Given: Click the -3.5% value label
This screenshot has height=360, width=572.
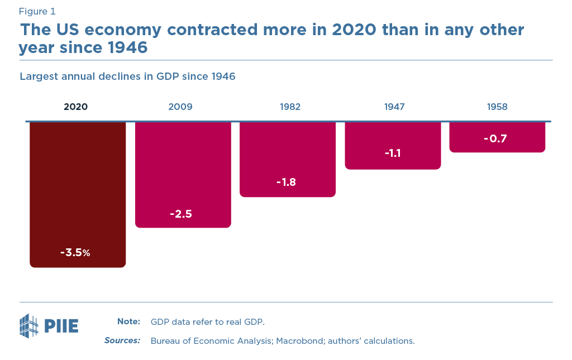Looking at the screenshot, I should pyautogui.click(x=75, y=252).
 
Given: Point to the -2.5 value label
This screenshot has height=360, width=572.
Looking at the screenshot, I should pyautogui.click(x=181, y=214).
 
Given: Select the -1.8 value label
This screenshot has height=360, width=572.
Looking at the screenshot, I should pyautogui.click(x=286, y=182).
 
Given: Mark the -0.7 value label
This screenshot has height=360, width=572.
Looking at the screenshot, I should pyautogui.click(x=495, y=139).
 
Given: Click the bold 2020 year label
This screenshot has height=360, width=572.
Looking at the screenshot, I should pyautogui.click(x=76, y=107).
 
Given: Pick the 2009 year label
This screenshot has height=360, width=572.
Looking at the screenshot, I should pyautogui.click(x=180, y=107).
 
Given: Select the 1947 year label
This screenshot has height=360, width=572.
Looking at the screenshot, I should pyautogui.click(x=394, y=107).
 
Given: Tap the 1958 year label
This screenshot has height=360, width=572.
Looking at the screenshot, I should pyautogui.click(x=497, y=107).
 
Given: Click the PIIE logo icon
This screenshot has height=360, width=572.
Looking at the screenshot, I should pyautogui.click(x=29, y=326).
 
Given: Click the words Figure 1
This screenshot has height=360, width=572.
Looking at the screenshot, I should pyautogui.click(x=37, y=11).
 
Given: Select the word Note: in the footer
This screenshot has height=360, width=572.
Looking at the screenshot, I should pyautogui.click(x=128, y=321).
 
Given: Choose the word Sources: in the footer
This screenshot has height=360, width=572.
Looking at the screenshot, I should pyautogui.click(x=122, y=340).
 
